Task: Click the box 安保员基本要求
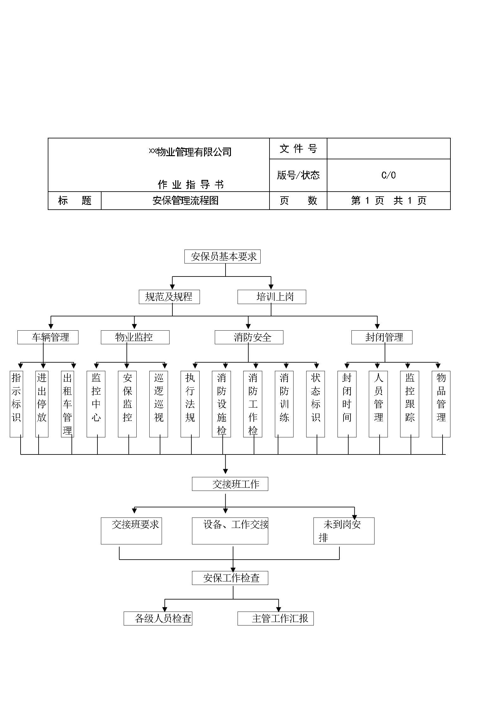[x=222, y=257]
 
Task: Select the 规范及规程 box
[x=169, y=297]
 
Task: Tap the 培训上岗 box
[x=272, y=297]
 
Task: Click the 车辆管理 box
[x=48, y=337]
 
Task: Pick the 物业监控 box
[x=135, y=337]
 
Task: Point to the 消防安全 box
[x=249, y=337]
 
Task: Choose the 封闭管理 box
[x=382, y=337]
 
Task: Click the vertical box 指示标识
[x=16, y=404]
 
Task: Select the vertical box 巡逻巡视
[x=158, y=404]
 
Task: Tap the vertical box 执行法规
[x=190, y=404]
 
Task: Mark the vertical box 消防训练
[x=284, y=404]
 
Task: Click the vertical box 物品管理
[x=441, y=404]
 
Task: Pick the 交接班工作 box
[x=230, y=484]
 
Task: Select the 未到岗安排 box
[x=344, y=531]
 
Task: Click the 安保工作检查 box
[x=230, y=578]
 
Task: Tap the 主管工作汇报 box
[x=276, y=619]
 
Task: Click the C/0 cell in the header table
[x=388, y=175]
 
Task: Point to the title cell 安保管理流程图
[x=185, y=200]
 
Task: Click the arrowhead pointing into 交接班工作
[x=226, y=472]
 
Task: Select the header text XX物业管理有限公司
[x=190, y=152]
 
